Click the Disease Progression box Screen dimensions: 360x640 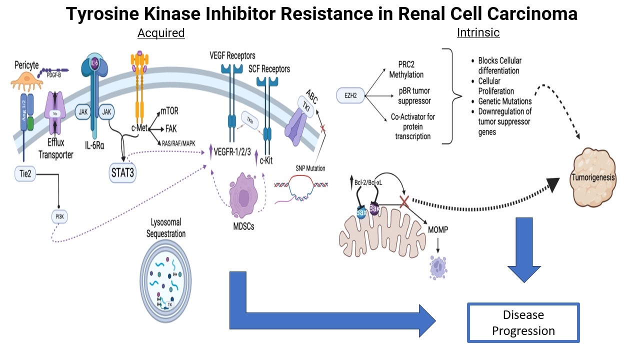point(523,322)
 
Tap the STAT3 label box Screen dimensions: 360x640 point(122,174)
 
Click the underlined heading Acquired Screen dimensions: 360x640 point(161,33)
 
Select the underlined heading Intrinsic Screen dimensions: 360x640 point(478,33)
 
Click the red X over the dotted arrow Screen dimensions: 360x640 point(404,202)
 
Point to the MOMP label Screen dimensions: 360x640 point(438,230)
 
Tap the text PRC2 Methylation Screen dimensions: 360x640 point(406,70)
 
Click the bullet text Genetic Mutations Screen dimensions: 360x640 point(504,101)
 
